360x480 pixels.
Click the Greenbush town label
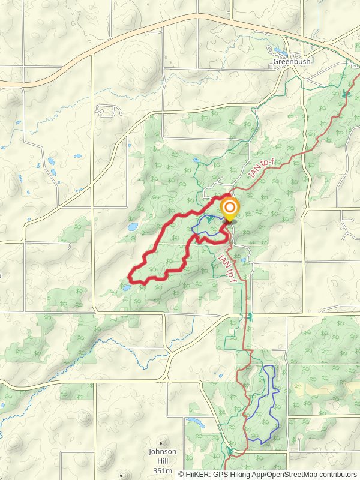click(291, 61)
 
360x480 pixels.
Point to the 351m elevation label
click(163, 470)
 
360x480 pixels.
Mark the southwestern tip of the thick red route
click(131, 277)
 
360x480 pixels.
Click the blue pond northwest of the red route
click(133, 227)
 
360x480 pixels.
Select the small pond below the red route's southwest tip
click(127, 288)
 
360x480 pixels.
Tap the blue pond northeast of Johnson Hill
click(195, 421)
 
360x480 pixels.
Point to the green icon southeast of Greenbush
click(345, 94)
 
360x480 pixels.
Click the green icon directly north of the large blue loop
click(250, 316)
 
